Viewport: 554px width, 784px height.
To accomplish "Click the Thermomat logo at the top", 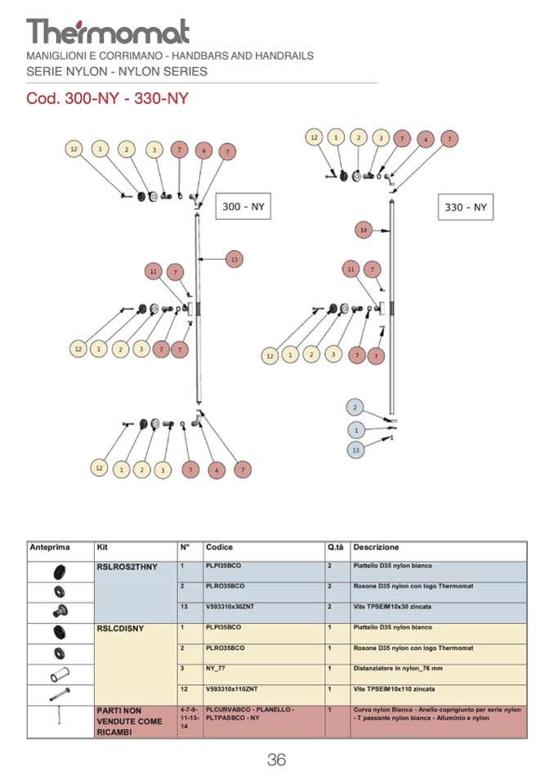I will [108, 32].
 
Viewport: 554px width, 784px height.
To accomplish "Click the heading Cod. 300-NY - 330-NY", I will [107, 99].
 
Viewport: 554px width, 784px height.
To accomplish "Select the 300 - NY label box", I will [242, 207].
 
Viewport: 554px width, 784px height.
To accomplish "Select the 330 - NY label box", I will [465, 207].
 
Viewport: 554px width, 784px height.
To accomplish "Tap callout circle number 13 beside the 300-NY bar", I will [234, 259].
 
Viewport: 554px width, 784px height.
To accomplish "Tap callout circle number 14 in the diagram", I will [364, 231].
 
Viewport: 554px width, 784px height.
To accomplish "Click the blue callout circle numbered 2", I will [355, 407].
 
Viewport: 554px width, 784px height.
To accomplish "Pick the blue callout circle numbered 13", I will [355, 450].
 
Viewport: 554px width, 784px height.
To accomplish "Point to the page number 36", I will [276, 759].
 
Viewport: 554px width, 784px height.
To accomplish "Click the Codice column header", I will [219, 547].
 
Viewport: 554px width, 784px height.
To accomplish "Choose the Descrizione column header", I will [376, 547].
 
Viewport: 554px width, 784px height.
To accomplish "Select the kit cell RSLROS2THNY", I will [127, 567].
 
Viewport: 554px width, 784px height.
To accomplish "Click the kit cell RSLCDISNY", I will [120, 628].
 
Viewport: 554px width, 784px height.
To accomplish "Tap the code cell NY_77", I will [217, 669].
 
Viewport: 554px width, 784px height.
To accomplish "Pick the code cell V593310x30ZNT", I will [231, 607].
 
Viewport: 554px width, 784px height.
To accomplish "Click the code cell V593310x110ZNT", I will [232, 689].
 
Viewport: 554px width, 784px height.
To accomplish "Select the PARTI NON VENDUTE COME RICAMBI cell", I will [129, 722].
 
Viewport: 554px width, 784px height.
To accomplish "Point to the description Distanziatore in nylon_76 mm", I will [400, 669].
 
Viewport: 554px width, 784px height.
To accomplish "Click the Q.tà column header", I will [335, 547].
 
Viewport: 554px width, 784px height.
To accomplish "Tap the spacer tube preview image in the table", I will [60, 674].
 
